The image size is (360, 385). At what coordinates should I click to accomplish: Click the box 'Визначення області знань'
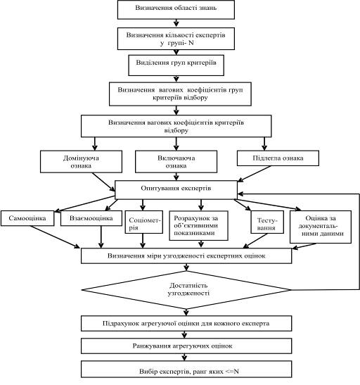click(x=176, y=10)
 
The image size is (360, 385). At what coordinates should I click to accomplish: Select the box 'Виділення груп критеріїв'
click(x=176, y=65)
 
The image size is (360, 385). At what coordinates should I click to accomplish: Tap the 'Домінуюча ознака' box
click(x=81, y=162)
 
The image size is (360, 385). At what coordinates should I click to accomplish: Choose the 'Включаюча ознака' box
click(x=176, y=162)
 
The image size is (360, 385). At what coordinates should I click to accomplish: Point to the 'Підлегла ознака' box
click(x=278, y=158)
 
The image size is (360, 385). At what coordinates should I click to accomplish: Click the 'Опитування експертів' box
click(x=176, y=190)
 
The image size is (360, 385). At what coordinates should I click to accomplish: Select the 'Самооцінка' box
click(x=27, y=218)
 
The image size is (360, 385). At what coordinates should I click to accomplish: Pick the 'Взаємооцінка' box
click(x=91, y=218)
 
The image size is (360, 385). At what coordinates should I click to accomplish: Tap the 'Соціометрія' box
click(x=144, y=222)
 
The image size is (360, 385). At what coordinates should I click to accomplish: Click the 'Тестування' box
click(x=267, y=222)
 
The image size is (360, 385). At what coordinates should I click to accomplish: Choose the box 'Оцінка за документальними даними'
click(x=321, y=227)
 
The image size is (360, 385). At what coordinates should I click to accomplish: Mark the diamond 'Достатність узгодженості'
click(x=186, y=290)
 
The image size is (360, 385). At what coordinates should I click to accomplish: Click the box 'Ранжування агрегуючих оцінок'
click(x=186, y=346)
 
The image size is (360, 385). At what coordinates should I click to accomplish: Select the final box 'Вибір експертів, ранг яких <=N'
click(x=186, y=369)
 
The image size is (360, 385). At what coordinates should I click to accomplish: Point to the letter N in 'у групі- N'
click(x=191, y=43)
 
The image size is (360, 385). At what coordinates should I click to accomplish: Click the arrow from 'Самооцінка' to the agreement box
click(x=55, y=237)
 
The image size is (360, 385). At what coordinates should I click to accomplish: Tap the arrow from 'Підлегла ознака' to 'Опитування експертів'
click(x=255, y=174)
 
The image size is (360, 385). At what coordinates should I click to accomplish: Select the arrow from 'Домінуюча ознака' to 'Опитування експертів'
click(x=103, y=182)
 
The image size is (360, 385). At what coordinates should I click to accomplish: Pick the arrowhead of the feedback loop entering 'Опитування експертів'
click(x=240, y=194)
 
